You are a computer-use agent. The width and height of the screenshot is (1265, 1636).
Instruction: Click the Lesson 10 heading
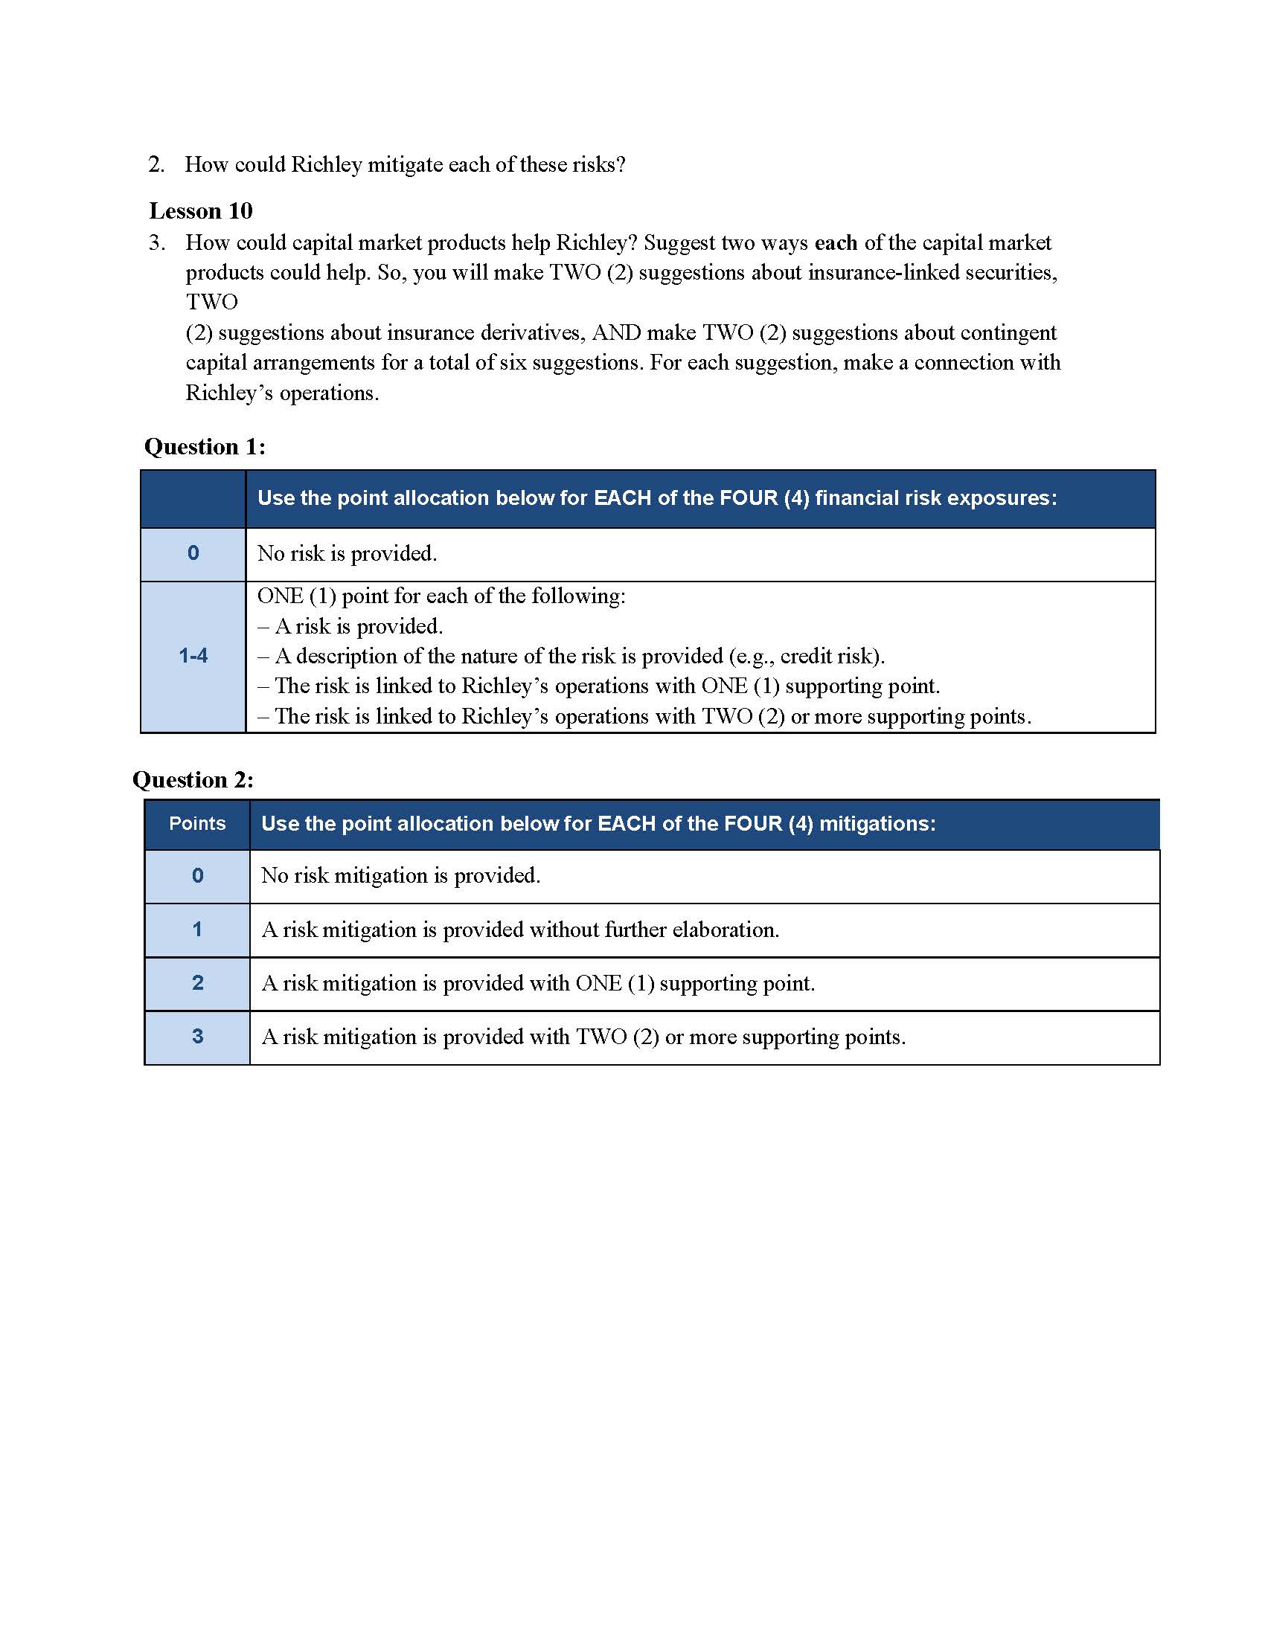[201, 211]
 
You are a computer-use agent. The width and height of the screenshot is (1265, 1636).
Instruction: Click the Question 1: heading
[205, 447]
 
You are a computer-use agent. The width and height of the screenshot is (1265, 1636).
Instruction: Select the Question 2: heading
[193, 780]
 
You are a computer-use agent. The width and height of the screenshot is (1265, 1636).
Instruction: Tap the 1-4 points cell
[193, 656]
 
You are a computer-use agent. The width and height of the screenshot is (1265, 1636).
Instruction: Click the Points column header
[197, 823]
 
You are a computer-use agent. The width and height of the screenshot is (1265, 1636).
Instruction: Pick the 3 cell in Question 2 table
[197, 1037]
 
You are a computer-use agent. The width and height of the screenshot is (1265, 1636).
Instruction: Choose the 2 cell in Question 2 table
[197, 983]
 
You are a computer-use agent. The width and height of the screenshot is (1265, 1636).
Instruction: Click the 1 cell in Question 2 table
[197, 930]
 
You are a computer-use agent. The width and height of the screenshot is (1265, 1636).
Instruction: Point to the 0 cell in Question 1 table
[193, 553]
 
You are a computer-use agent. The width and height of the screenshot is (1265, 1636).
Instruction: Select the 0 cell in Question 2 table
[197, 876]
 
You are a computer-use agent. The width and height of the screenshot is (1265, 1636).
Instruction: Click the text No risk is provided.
[347, 553]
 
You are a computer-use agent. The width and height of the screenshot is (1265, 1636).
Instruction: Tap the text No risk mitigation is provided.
[400, 876]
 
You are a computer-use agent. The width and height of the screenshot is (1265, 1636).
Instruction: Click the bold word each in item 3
[836, 242]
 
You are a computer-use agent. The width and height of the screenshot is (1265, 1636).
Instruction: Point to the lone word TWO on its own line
[212, 302]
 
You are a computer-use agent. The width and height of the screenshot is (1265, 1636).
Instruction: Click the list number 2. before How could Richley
[156, 165]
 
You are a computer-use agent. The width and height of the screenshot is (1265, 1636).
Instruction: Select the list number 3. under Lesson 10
[156, 242]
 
